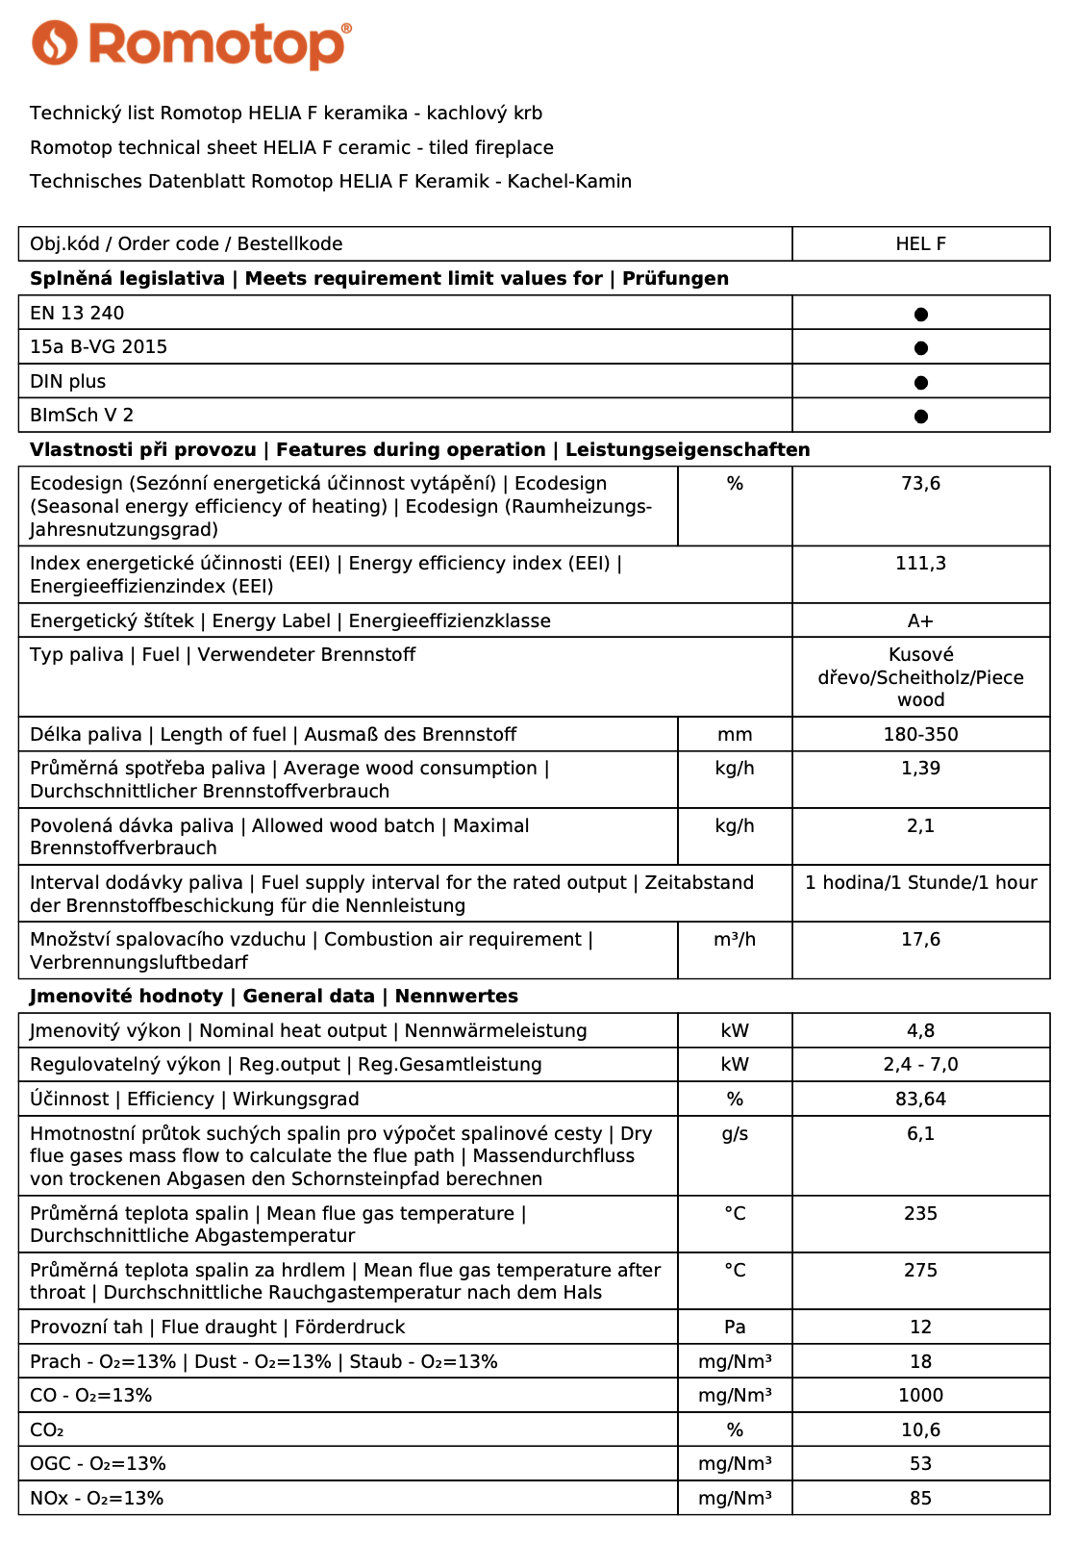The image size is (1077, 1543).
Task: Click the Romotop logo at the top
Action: point(191,45)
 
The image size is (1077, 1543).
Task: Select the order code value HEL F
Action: point(920,244)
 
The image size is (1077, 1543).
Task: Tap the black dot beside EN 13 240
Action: point(920,314)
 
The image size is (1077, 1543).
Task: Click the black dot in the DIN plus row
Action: point(920,382)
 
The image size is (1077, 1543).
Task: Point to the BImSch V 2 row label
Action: point(82,416)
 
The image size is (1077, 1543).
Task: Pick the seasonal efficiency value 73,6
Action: point(920,484)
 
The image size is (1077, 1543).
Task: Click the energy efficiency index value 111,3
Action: point(920,564)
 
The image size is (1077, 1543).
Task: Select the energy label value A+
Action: point(920,621)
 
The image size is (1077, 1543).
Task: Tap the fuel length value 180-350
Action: point(920,735)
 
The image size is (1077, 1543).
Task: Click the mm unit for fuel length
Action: point(735,735)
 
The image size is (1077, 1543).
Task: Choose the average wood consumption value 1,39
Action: point(920,769)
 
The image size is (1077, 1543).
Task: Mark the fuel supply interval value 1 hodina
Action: point(920,883)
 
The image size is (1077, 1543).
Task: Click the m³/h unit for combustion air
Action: point(735,940)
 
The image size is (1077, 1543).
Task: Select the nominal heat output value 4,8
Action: point(920,1031)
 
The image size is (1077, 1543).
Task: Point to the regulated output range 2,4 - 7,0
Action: point(920,1065)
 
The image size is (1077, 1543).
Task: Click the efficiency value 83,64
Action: point(920,1100)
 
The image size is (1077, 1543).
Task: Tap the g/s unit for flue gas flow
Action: point(735,1134)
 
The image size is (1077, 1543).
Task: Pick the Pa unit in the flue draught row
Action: point(735,1328)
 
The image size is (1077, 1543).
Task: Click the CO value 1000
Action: point(920,1396)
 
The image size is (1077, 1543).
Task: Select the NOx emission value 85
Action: point(920,1499)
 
